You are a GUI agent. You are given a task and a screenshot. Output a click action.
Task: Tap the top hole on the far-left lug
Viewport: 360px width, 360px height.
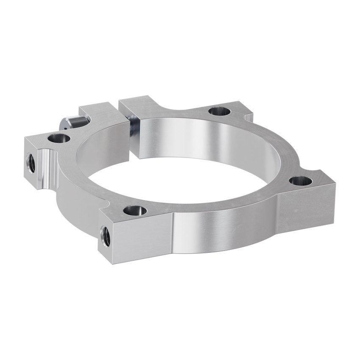59,138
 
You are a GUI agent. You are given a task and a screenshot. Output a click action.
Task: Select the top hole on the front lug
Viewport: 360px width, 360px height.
135,210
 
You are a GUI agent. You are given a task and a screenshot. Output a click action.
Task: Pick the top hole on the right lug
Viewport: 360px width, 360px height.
301,181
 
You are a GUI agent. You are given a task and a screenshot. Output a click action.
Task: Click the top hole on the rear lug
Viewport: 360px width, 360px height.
220,112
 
